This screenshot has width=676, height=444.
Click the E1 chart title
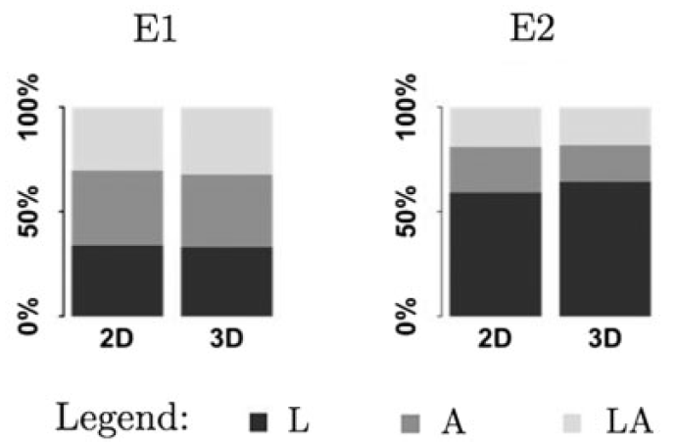(155, 29)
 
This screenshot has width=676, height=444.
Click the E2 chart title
(532, 29)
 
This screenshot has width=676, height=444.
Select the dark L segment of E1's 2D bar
(118, 281)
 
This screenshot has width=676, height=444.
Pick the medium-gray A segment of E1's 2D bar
(118, 208)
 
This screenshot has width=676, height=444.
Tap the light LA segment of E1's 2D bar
(118, 138)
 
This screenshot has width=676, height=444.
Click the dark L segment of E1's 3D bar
(226, 281)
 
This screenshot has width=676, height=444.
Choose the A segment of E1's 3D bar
(226, 211)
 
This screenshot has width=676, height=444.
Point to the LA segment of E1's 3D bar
(226, 141)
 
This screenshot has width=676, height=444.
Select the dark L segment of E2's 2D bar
(496, 255)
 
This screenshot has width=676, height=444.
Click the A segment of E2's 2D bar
(496, 170)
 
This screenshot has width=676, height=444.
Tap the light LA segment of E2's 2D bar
(496, 127)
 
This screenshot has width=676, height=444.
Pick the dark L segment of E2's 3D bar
(604, 249)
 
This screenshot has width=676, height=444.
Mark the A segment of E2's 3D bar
(604, 164)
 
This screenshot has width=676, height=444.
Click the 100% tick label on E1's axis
(28, 107)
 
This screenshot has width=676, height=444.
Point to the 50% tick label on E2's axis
(407, 212)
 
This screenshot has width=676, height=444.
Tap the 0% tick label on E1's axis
(28, 317)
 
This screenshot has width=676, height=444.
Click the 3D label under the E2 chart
(604, 339)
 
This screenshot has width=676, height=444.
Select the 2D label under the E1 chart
(117, 339)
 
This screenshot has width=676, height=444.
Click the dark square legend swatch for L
(259, 422)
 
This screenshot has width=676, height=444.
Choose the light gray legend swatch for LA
(572, 422)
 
